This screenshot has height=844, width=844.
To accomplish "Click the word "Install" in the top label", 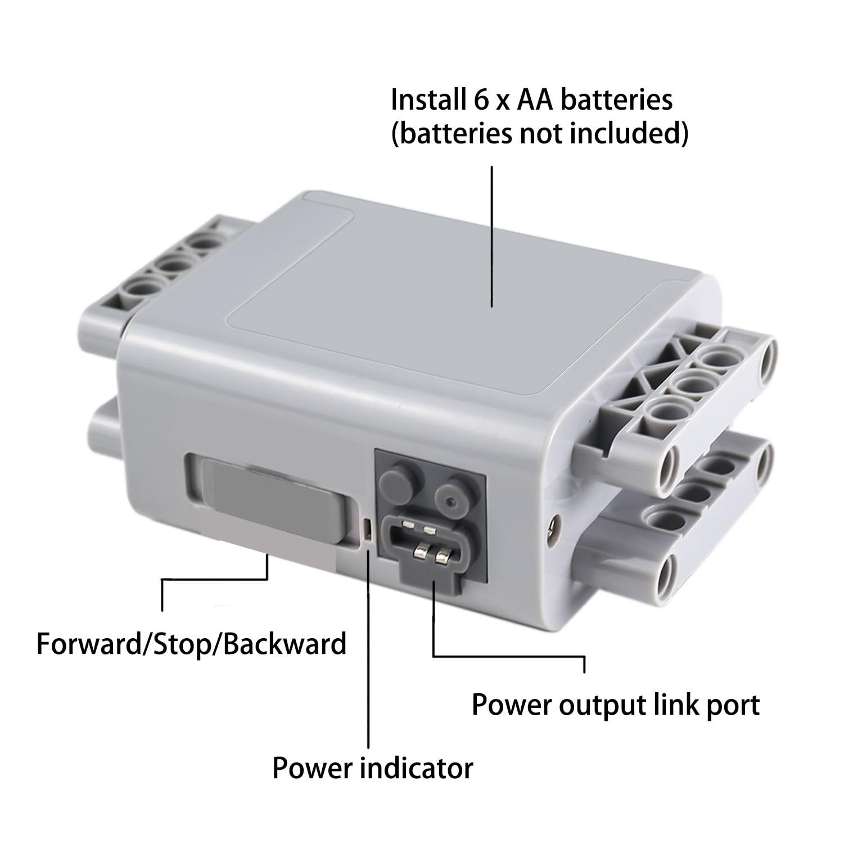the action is point(426,100).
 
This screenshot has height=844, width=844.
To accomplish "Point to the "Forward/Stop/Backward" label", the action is point(191,644).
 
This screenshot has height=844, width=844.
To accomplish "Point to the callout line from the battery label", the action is point(493,236).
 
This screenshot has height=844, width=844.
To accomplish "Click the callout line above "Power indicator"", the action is point(368,649).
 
